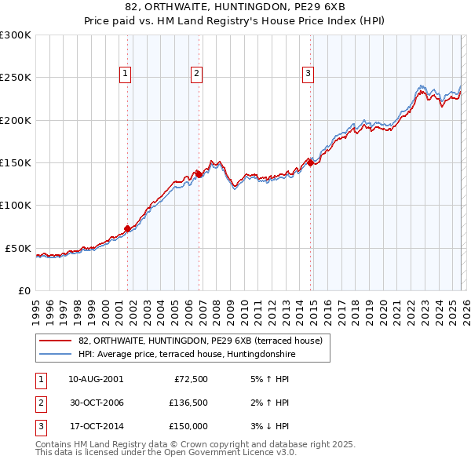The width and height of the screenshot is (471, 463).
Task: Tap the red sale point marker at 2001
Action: tap(127, 228)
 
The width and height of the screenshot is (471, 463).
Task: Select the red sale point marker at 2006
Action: tap(199, 174)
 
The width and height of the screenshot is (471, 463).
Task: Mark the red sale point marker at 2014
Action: tap(310, 162)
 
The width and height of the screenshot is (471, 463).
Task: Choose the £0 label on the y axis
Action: tap(24, 290)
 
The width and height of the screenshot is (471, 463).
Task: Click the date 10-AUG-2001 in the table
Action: tap(96, 379)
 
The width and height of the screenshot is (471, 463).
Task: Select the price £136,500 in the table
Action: tap(188, 403)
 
